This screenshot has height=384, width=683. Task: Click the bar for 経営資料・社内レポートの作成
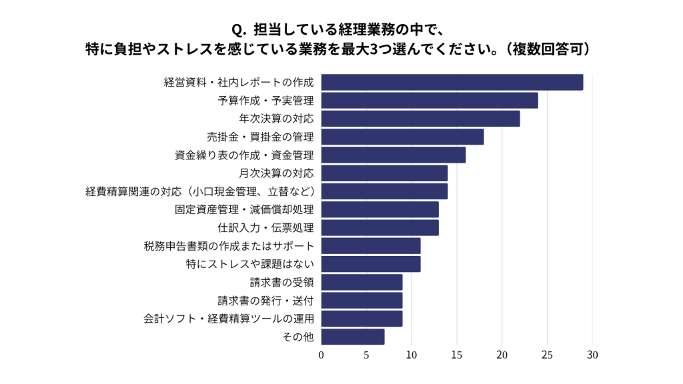pos(452,82)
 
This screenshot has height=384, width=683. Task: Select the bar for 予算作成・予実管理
pos(430,101)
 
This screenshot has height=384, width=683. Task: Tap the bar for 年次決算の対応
pos(420,119)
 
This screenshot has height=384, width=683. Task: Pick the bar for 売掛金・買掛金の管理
pos(402,137)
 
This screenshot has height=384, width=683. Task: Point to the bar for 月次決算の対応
pos(384,173)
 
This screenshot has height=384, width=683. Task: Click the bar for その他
pos(353,337)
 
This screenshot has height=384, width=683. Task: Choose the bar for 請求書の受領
pos(362,282)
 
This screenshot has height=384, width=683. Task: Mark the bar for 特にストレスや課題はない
pos(371,264)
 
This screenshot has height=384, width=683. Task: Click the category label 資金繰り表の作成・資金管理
pos(244,155)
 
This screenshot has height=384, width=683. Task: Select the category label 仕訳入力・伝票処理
pos(265,228)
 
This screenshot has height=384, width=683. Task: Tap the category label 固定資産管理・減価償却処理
pos(244,210)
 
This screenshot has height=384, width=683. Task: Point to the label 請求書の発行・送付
pos(265,301)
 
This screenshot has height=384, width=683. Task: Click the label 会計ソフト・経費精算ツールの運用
pos(229,319)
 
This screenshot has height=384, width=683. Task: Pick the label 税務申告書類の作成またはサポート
pos(229,246)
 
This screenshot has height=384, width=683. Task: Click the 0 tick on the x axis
pos(321,355)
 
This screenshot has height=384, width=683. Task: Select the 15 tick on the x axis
pos(457,355)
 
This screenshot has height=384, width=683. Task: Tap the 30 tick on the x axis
pos(592,355)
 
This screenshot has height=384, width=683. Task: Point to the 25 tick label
pos(547,355)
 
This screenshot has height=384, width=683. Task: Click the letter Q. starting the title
pos(239,31)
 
